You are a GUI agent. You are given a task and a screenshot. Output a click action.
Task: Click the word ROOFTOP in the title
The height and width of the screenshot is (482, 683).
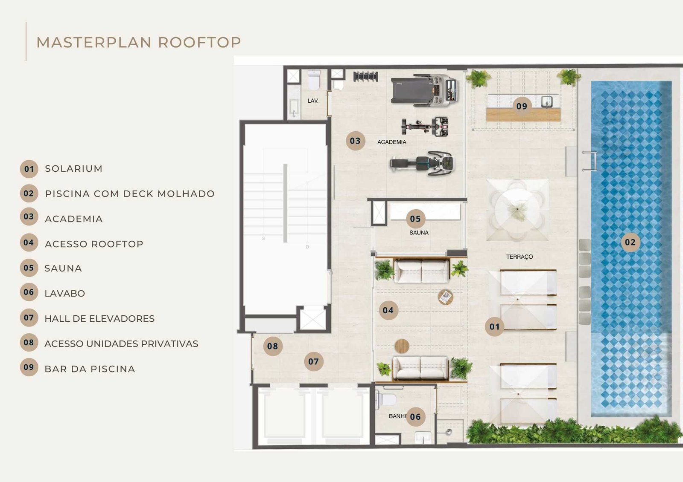click(x=199, y=42)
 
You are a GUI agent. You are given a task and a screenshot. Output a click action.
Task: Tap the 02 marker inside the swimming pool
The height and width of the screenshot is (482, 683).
click(x=630, y=242)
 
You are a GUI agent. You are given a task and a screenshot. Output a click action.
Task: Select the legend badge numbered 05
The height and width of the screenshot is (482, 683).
click(x=29, y=268)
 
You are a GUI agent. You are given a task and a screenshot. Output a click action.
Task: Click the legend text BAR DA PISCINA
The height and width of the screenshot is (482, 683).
click(x=90, y=369)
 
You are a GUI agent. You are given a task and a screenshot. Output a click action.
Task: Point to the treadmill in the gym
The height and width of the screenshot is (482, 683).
click(x=425, y=90)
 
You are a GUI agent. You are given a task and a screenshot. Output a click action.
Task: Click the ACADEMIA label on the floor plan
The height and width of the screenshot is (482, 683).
click(x=391, y=142)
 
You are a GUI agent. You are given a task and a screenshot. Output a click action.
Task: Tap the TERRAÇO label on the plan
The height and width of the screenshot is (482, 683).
click(x=519, y=257)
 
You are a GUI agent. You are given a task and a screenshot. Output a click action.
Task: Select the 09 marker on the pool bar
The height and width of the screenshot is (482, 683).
click(x=522, y=106)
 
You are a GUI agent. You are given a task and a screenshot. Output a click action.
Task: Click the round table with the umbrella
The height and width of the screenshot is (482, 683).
click(x=517, y=210)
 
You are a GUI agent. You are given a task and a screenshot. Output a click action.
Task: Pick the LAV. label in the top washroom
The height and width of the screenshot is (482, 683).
click(x=313, y=101)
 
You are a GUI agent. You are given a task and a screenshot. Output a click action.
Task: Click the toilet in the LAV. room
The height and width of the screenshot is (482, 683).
click(x=314, y=80)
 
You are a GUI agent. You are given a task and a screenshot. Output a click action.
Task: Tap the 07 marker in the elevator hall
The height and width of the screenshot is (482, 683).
click(x=313, y=361)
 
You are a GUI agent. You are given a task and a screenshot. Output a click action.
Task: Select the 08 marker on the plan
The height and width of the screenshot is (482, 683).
click(x=272, y=346)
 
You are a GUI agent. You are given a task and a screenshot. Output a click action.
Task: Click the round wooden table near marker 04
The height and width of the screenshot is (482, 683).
click(x=402, y=346)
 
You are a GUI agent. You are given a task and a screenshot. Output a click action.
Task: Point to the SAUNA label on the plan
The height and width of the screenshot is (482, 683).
click(x=418, y=233)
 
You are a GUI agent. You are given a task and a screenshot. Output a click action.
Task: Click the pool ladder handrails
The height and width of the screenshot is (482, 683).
click(x=590, y=161)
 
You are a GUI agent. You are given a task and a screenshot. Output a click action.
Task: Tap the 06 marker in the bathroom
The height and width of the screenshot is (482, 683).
click(x=415, y=417)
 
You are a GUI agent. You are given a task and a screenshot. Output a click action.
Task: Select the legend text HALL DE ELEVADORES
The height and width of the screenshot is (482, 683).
click(x=99, y=319)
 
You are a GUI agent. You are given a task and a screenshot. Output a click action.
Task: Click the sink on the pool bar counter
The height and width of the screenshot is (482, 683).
click(x=546, y=101)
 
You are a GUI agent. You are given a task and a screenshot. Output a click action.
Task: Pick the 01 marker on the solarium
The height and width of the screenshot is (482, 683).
click(x=494, y=327)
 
